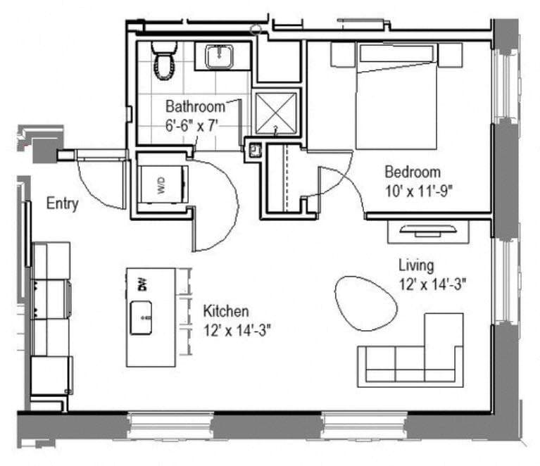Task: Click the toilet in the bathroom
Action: click(x=164, y=62)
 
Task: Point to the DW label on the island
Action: click(x=142, y=284)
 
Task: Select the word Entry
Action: click(x=62, y=204)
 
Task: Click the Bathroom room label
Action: click(x=195, y=107)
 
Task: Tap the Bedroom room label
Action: click(x=412, y=172)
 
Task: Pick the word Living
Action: click(x=416, y=265)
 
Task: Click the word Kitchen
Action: click(x=225, y=310)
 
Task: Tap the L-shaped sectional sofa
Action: click(x=415, y=359)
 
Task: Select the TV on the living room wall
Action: click(x=428, y=230)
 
